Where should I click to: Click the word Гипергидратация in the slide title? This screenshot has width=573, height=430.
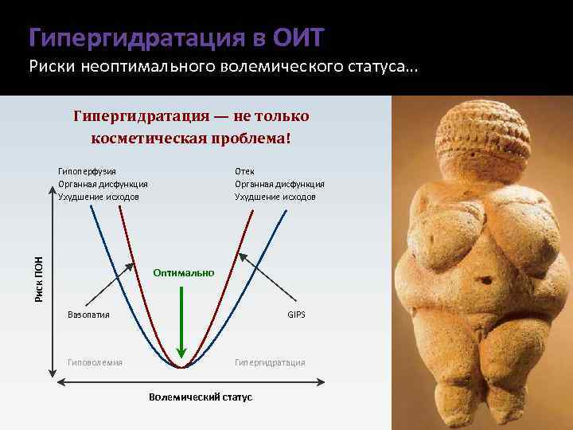coord(136,37)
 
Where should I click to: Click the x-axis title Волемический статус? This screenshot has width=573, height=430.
coord(201,397)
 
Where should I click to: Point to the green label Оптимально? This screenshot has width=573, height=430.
coord(184,273)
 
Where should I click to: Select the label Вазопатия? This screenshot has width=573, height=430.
coord(88,315)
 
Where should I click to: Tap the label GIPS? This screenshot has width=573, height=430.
coord(296,315)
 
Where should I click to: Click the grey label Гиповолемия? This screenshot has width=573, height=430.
coord(95,362)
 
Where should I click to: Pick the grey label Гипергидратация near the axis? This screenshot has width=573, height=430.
coord(270,362)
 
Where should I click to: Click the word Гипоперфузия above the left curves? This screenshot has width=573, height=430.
coord(88,171)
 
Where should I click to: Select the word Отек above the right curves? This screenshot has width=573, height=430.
coord(244,171)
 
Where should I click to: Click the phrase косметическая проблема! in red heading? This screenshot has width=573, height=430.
coord(191,138)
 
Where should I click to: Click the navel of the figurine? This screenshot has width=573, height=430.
coord(481,281)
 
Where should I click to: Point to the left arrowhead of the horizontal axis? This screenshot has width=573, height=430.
coord(53,384)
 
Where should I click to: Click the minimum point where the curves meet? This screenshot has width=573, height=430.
coord(182,367)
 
